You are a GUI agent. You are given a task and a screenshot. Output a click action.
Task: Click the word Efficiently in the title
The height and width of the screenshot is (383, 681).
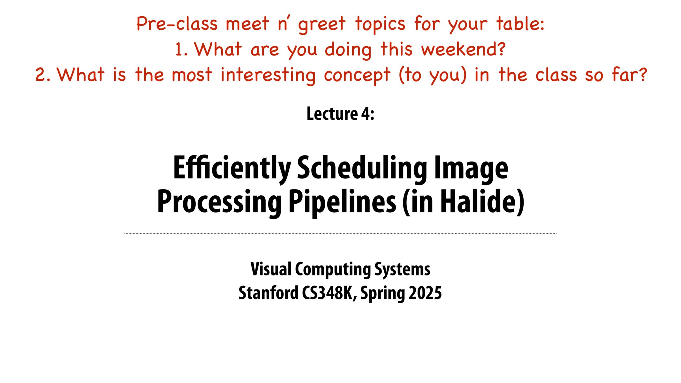(x=232, y=168)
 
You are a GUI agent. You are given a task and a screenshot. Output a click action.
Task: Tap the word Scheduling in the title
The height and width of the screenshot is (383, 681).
(x=362, y=168)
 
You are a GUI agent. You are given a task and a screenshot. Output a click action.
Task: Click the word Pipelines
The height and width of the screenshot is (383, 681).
(x=342, y=202)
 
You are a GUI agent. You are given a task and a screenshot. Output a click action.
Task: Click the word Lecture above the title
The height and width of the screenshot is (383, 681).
(x=332, y=114)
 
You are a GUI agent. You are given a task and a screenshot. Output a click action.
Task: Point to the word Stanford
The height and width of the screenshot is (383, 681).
(x=268, y=293)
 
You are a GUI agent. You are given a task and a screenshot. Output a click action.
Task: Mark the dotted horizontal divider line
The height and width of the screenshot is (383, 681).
(x=340, y=234)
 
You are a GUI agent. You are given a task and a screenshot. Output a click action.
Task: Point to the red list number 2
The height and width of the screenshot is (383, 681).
(x=40, y=75)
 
